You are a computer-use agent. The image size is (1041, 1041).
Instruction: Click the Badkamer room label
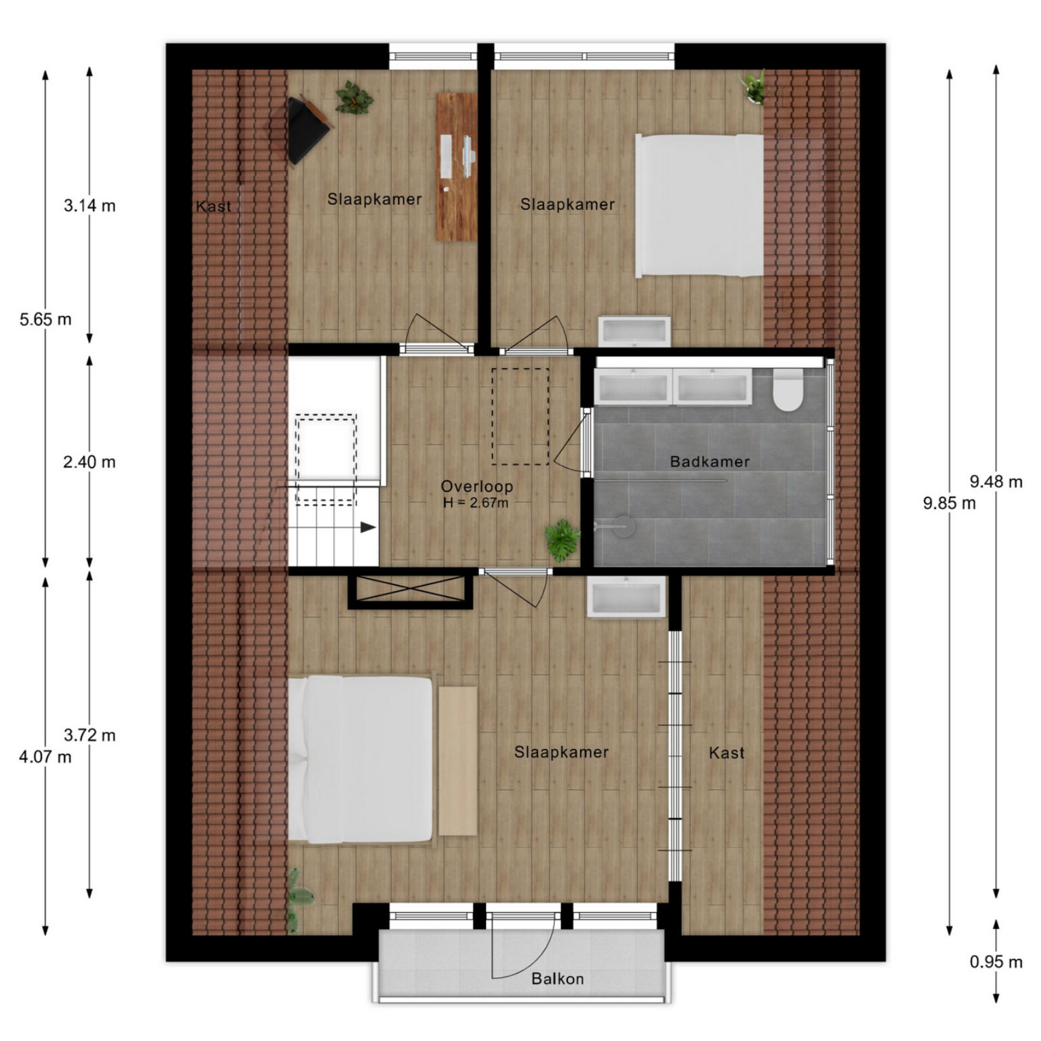(x=710, y=462)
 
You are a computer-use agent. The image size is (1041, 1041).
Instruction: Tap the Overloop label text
(x=476, y=486)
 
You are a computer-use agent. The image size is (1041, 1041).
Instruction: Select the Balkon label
(x=557, y=979)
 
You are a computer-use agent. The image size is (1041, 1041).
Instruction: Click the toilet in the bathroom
(x=788, y=391)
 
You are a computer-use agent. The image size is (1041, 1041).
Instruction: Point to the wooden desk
(x=456, y=167)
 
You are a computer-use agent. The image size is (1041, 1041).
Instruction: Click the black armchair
(x=306, y=129)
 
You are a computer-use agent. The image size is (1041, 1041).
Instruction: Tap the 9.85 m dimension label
(x=950, y=503)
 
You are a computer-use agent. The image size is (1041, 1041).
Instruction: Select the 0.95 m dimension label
(x=996, y=962)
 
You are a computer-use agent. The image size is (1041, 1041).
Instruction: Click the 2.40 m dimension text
(x=89, y=462)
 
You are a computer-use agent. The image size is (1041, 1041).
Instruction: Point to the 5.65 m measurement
(x=45, y=319)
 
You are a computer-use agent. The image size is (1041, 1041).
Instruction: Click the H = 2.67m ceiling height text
(x=476, y=503)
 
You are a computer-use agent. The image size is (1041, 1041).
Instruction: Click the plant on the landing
(x=563, y=540)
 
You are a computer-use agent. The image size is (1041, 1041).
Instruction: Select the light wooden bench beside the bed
(x=457, y=761)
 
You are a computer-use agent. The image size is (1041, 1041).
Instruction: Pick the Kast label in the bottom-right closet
(x=727, y=752)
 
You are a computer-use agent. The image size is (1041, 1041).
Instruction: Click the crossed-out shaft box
(x=411, y=592)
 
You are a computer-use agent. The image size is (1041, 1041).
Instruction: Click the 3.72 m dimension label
(x=89, y=735)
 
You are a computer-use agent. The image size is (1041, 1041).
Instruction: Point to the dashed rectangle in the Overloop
(x=520, y=417)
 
